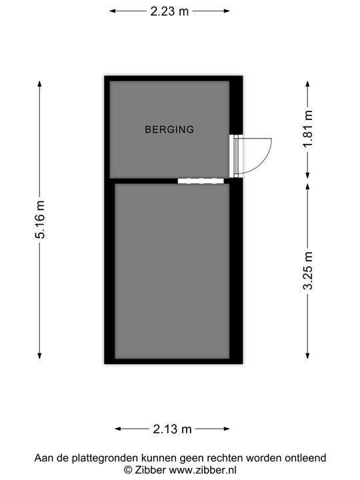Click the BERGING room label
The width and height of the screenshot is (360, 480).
(x=169, y=129)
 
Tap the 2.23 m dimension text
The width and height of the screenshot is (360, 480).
(x=169, y=11)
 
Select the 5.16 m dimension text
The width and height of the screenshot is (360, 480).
(x=40, y=219)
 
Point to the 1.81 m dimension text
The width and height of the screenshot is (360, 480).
(x=308, y=129)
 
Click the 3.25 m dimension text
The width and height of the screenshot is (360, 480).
(x=308, y=271)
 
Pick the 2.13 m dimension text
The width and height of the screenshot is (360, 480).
(x=172, y=429)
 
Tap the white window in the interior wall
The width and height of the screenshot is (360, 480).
(x=201, y=181)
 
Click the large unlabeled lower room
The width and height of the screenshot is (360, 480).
(x=172, y=271)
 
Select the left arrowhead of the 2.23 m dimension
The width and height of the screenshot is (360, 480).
(x=113, y=11)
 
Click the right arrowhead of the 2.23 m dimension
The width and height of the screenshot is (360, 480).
(x=227, y=11)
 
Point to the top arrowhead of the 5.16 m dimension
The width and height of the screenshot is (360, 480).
(x=39, y=83)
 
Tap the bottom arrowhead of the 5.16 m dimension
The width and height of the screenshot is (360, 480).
(x=39, y=356)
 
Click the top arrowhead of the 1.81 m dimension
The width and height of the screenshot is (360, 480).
(x=307, y=84)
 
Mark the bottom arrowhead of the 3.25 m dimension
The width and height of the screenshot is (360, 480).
(x=307, y=356)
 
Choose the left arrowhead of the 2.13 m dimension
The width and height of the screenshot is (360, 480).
(x=118, y=429)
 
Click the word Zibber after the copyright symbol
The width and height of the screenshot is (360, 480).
(x=150, y=470)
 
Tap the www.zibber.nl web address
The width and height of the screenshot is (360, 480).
(x=203, y=470)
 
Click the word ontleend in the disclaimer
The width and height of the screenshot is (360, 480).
(x=305, y=458)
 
